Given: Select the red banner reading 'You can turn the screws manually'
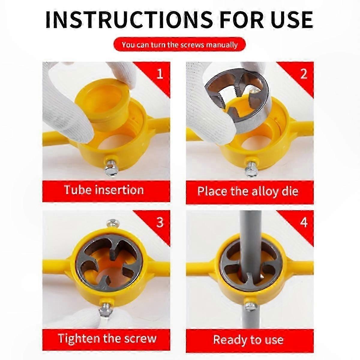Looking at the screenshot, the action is (179, 44).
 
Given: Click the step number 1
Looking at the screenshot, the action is (160, 74).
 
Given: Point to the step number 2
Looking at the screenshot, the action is (304, 74).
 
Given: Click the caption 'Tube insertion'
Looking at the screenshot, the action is (104, 190).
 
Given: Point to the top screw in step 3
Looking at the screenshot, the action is (112, 223).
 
